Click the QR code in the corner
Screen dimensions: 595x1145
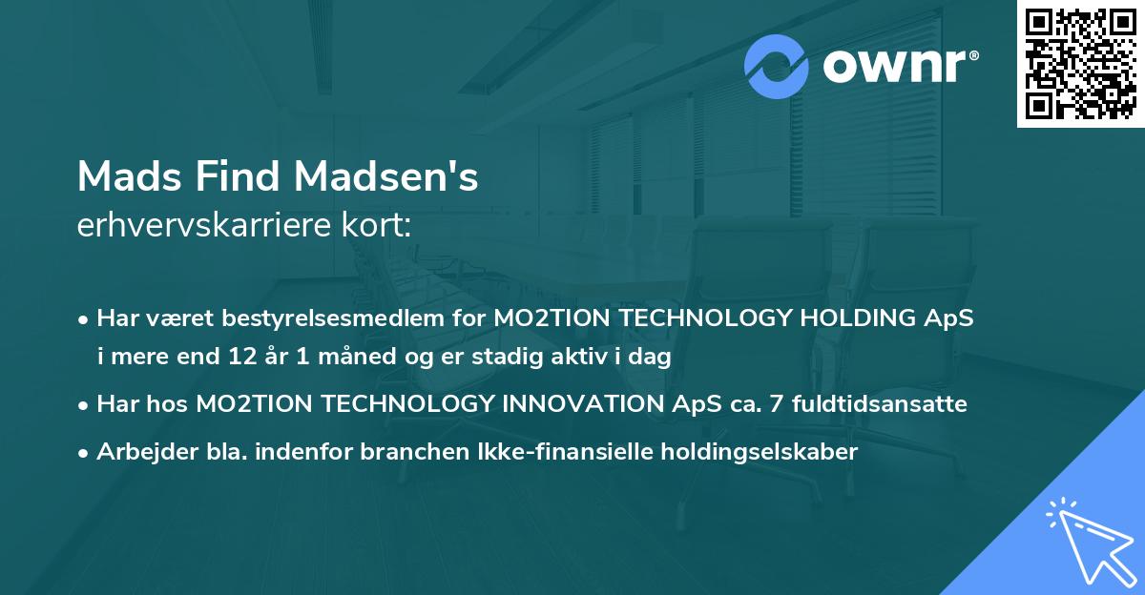1080,64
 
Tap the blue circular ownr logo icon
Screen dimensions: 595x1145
777,68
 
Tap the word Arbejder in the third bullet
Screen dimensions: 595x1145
139,452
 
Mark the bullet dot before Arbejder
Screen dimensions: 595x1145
85,453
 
